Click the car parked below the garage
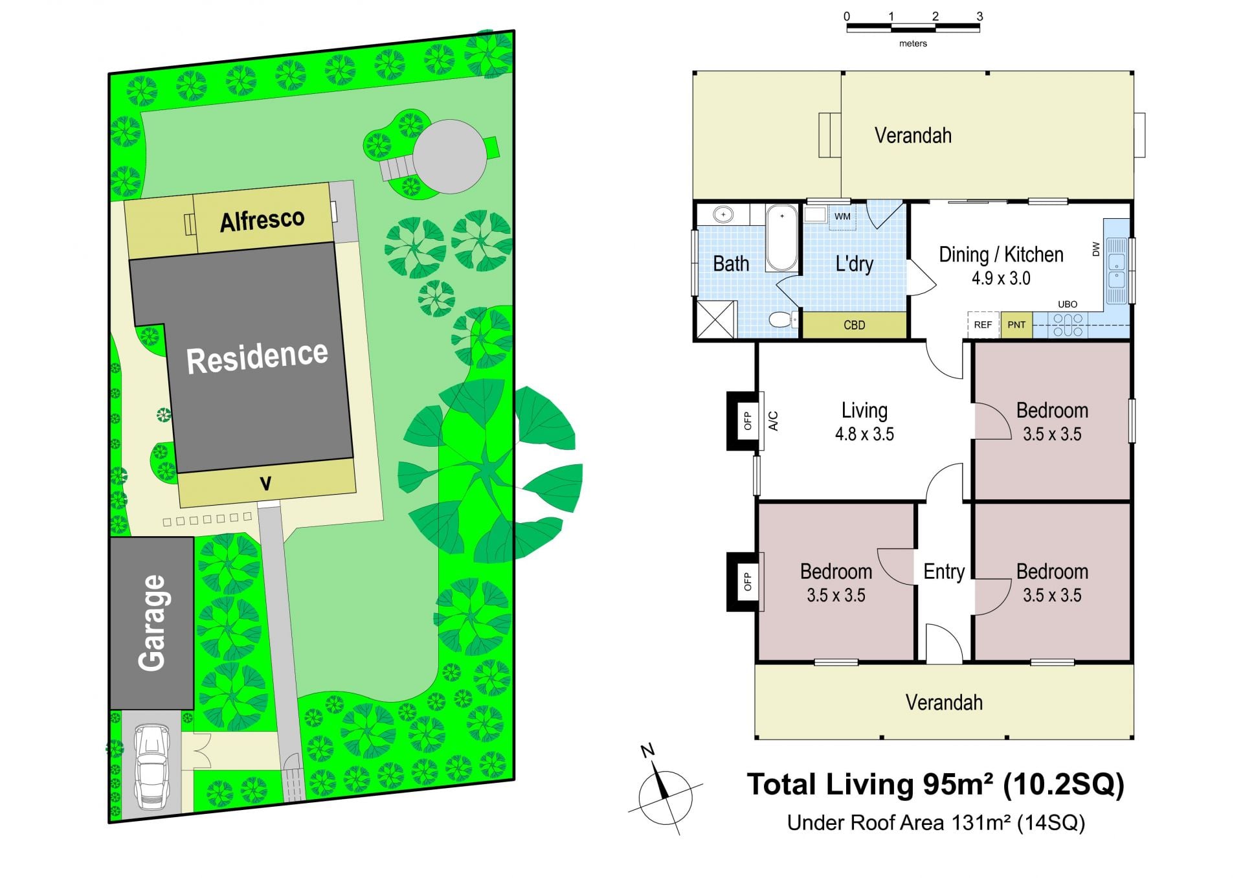[151, 767]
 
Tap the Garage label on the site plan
[152, 623]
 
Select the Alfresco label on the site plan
[262, 220]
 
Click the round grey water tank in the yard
[450, 156]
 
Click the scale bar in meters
[913, 28]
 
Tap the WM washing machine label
[842, 216]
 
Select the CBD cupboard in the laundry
[855, 325]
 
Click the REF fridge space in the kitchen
[983, 324]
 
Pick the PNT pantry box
[1016, 324]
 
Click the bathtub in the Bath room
[782, 238]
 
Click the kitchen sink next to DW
[1116, 271]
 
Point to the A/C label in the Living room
[773, 421]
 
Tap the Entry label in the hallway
[944, 572]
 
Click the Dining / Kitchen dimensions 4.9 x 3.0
[1001, 278]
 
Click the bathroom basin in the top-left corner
[723, 214]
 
